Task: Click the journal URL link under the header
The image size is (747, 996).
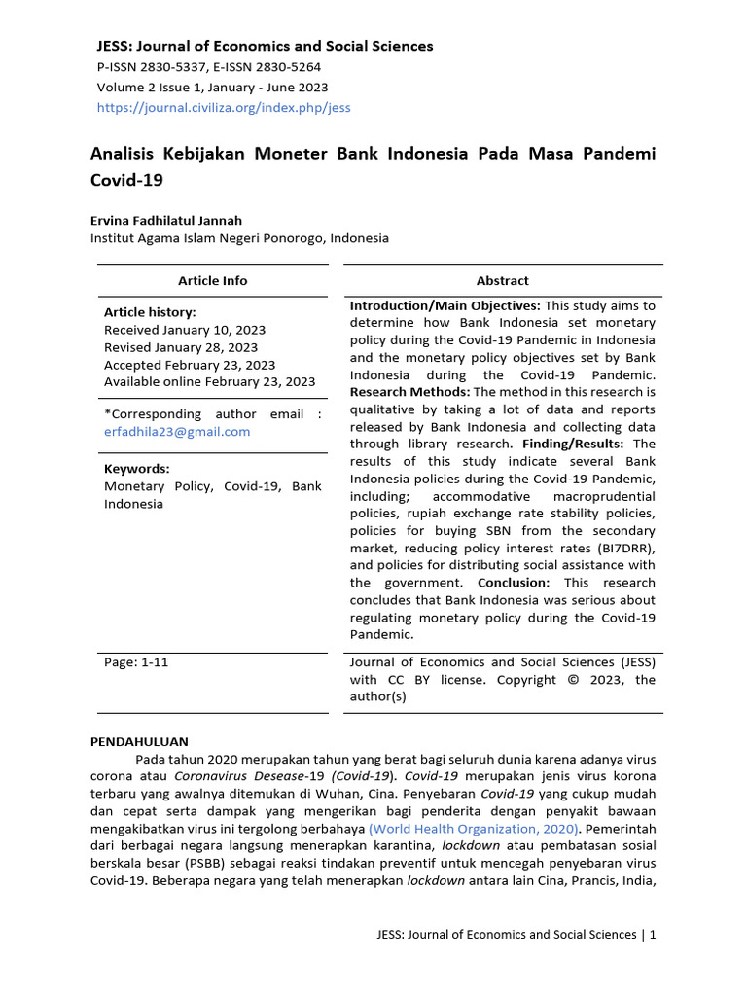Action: click(224, 108)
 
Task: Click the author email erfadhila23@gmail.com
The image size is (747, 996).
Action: click(177, 432)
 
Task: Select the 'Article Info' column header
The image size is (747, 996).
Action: click(212, 280)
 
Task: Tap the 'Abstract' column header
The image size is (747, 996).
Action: click(502, 280)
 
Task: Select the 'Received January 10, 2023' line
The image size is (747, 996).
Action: click(185, 330)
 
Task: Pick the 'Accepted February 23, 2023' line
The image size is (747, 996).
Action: click(190, 365)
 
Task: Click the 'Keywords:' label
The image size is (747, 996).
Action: click(137, 468)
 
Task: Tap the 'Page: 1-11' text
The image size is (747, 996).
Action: click(136, 662)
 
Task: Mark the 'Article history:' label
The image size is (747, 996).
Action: click(150, 312)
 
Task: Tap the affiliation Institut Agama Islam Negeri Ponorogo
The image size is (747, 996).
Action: click(239, 238)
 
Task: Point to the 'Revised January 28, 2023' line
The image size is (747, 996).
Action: click(181, 347)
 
